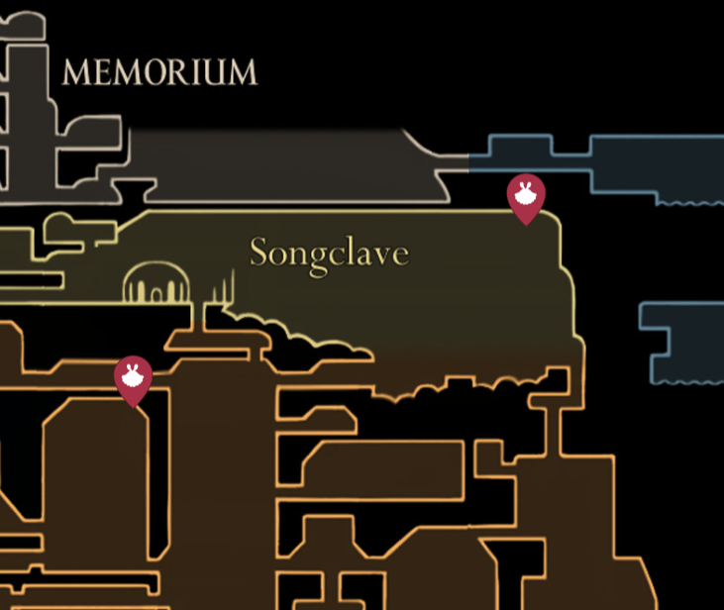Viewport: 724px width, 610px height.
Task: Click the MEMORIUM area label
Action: pyautogui.click(x=159, y=72)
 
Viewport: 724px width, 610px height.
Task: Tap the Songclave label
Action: pyautogui.click(x=329, y=254)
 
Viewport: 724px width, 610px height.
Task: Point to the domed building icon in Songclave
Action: pyautogui.click(x=157, y=282)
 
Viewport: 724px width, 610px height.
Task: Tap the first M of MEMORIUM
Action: pyautogui.click(x=76, y=72)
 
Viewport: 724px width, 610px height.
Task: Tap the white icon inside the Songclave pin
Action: pyautogui.click(x=526, y=194)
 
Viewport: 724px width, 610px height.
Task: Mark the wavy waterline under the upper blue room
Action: pyautogui.click(x=690, y=203)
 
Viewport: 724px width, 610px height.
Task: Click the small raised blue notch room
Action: pyautogui.click(x=521, y=145)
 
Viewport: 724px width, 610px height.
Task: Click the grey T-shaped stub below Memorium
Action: pyautogui.click(x=135, y=190)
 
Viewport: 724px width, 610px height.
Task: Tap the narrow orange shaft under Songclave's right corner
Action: pyautogui.click(x=554, y=431)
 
